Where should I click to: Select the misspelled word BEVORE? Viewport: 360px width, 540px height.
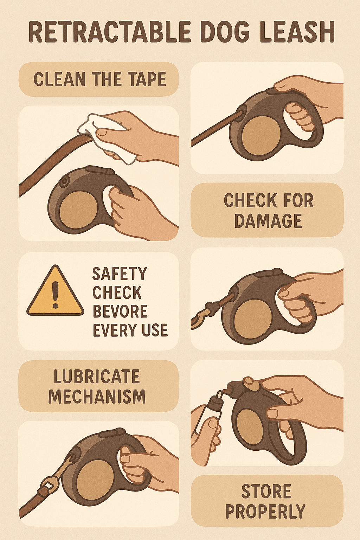tap(120, 311)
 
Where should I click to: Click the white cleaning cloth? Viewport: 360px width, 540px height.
tap(105, 135)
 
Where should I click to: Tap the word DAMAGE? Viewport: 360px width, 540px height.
tap(268, 221)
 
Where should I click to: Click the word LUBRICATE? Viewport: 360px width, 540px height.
tap(97, 377)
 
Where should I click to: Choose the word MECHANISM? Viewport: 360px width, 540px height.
tap(97, 397)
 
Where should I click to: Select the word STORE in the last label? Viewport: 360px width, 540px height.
tap(266, 491)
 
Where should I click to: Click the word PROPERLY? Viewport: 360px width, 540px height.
tap(265, 512)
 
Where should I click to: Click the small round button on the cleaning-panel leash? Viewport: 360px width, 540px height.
tap(64, 182)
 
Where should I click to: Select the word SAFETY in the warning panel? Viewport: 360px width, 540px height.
tap(120, 274)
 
